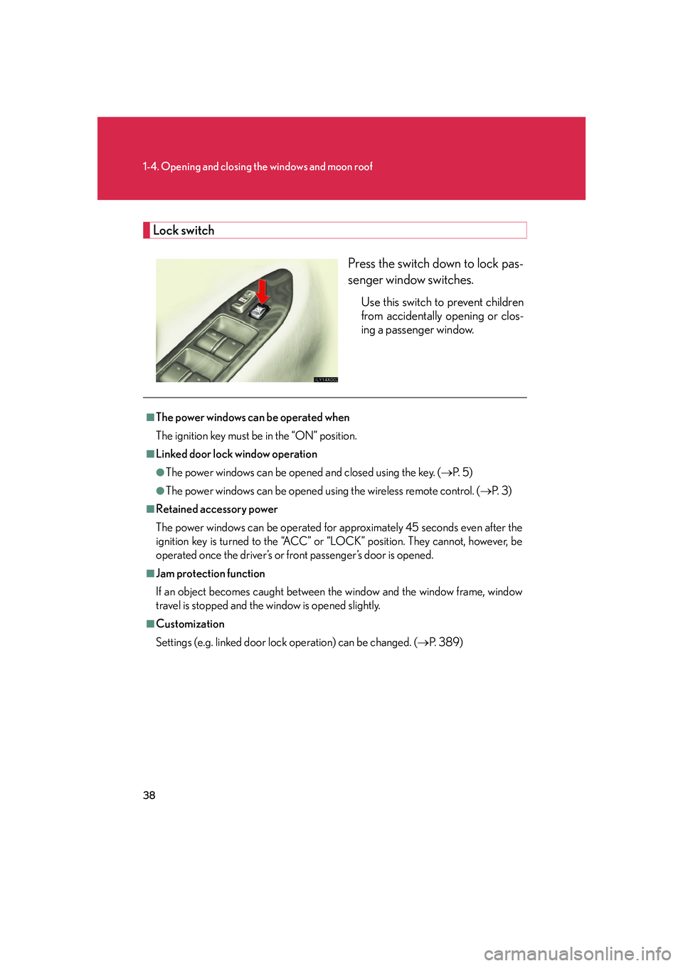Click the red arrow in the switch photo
coord(263,291)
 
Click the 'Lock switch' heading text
coord(184,230)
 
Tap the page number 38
coord(149,795)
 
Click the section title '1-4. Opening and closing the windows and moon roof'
coord(258,166)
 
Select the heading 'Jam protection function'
coord(211,574)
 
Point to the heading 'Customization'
coord(190,624)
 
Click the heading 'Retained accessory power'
coord(217,509)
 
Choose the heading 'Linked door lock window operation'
coord(236,454)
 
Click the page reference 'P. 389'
coord(445,642)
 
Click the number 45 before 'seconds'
coord(412,528)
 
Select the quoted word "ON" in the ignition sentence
coord(305,436)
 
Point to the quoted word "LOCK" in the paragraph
coord(345,541)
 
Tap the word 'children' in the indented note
coord(504,302)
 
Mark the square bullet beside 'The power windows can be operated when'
coord(150,418)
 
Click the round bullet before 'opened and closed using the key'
coord(160,472)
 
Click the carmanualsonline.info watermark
coord(577,953)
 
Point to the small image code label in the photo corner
coord(326,380)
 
